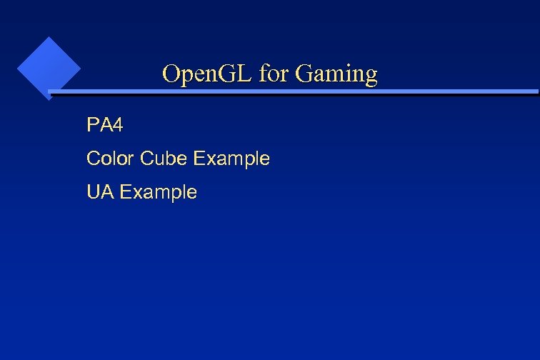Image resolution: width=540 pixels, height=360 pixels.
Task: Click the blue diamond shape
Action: (x=48, y=69)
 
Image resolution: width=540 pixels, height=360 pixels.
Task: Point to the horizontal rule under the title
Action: (x=293, y=92)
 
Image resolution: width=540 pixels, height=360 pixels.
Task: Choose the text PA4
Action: (x=104, y=126)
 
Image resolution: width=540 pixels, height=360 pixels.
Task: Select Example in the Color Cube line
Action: (x=231, y=159)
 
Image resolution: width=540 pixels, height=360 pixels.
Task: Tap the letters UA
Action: (x=99, y=192)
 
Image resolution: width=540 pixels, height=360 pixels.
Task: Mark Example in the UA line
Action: (x=157, y=193)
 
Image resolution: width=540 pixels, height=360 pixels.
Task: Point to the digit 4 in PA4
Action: (x=117, y=126)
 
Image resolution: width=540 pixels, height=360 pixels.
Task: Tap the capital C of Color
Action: (x=93, y=159)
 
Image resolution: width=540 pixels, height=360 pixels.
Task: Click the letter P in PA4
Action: (x=92, y=126)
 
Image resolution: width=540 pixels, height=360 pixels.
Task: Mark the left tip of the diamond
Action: (x=17, y=69)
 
